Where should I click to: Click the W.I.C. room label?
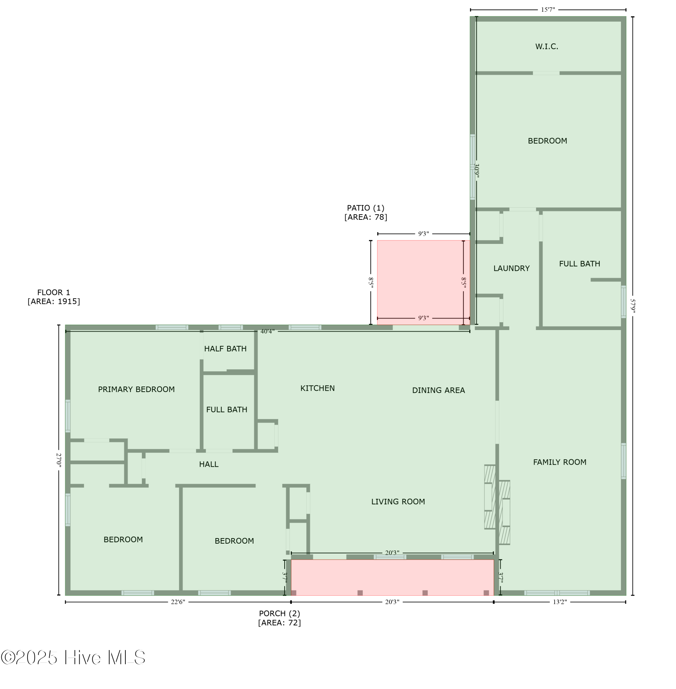546,47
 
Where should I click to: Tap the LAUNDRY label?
511,268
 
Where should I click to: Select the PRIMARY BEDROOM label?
136,389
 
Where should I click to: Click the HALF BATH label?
225,349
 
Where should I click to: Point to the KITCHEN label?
317,388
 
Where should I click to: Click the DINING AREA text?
438,390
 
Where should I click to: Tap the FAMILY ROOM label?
560,462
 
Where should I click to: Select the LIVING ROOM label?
398,502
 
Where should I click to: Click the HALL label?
209,464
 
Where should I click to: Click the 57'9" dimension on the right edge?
632,306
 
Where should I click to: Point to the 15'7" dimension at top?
547,10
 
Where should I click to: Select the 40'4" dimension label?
267,331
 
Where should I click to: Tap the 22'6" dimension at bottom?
178,602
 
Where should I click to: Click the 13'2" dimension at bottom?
560,602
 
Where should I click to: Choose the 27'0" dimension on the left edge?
59,460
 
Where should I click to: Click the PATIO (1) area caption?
366,212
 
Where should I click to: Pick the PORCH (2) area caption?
279,618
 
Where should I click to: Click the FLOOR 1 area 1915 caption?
54,297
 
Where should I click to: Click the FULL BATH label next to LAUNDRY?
580,264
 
